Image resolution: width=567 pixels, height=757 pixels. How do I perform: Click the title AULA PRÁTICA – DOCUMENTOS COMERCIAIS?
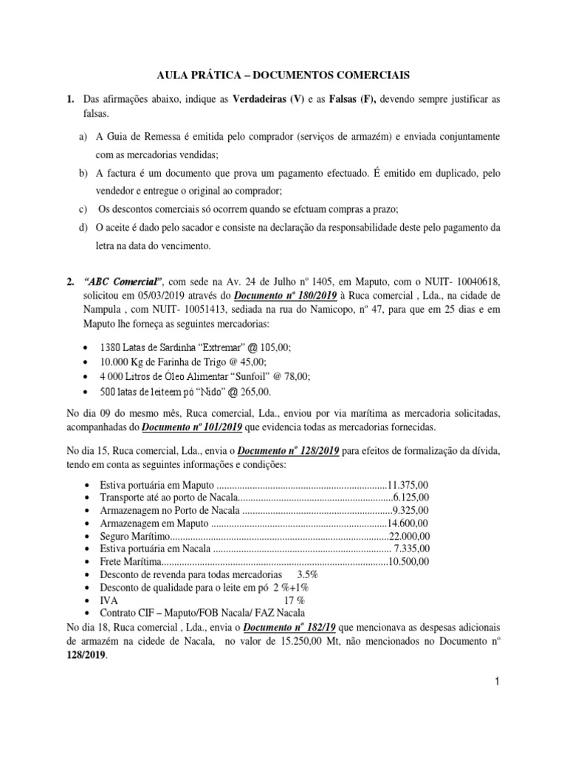click(x=283, y=75)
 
